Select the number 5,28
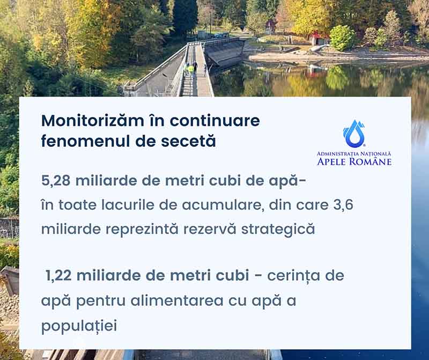56,181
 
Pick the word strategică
278,230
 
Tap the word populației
79,326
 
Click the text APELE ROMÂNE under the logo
354,161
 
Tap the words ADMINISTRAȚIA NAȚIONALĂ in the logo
354,154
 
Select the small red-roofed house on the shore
318,39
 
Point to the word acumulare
221,205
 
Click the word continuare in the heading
215,121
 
